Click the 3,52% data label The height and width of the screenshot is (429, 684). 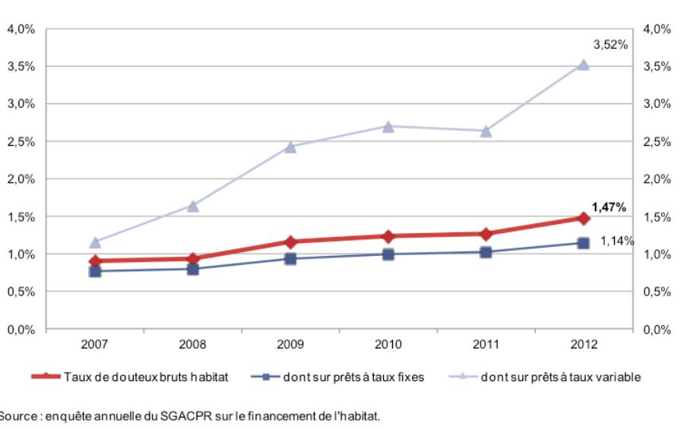[611, 45]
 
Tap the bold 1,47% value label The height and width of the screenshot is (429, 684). [609, 207]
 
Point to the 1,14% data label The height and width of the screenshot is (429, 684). [617, 241]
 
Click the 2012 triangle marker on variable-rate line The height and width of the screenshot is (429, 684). [583, 65]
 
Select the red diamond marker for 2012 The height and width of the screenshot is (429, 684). [583, 218]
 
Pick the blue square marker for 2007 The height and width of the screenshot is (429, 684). [95, 270]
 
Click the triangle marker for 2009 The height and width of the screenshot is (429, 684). [290, 147]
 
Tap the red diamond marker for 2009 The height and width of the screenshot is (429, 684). [290, 241]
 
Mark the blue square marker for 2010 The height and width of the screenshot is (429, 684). [388, 254]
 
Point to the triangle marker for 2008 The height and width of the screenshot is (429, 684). [193, 206]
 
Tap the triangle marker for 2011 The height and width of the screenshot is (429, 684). [486, 131]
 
